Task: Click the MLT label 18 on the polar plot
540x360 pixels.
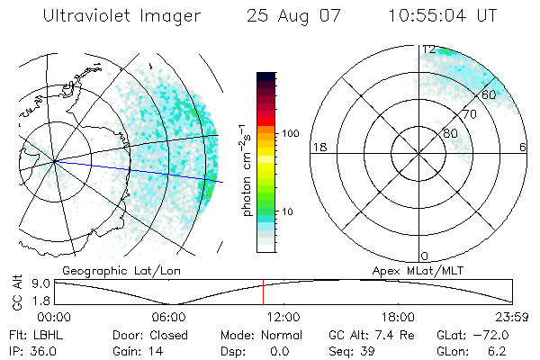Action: [318, 147]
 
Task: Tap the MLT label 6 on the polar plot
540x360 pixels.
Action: [522, 147]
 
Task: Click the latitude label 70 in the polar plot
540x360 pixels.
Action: [469, 114]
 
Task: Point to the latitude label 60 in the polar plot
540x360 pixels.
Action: [490, 94]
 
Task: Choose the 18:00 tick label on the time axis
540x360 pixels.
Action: [398, 317]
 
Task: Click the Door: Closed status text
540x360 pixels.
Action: [150, 335]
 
